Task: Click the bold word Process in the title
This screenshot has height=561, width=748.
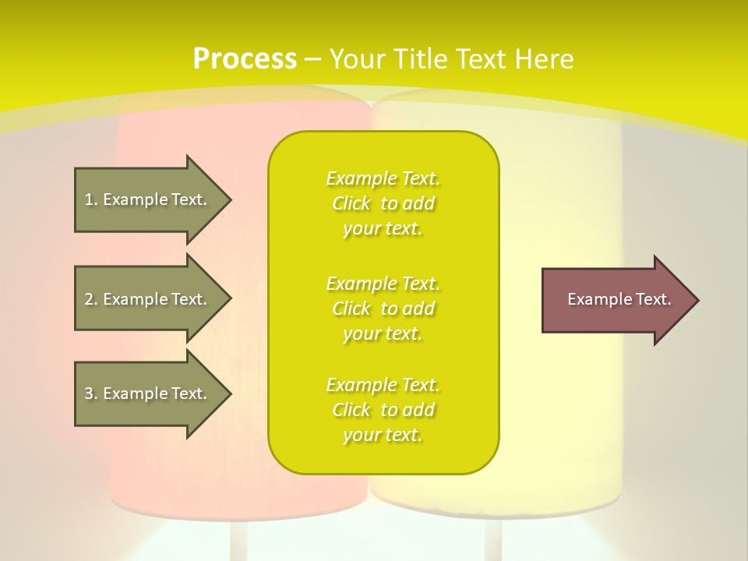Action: click(245, 58)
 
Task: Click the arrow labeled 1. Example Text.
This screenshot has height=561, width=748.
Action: click(146, 199)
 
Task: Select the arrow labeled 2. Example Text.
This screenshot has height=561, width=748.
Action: click(146, 299)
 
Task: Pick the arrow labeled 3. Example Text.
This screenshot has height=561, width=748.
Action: click(146, 393)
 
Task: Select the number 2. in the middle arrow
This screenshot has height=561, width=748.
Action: click(91, 299)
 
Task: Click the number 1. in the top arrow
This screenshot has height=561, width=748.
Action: click(91, 199)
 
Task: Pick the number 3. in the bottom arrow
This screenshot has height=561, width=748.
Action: click(91, 393)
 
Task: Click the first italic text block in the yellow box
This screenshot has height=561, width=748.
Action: click(383, 203)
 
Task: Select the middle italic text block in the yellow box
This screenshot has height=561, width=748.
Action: click(383, 308)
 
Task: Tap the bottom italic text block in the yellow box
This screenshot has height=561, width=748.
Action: click(383, 410)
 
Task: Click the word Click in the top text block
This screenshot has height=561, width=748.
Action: click(351, 203)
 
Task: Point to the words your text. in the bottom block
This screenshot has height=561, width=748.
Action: click(383, 435)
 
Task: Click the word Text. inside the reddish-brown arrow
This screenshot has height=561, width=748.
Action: click(653, 299)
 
